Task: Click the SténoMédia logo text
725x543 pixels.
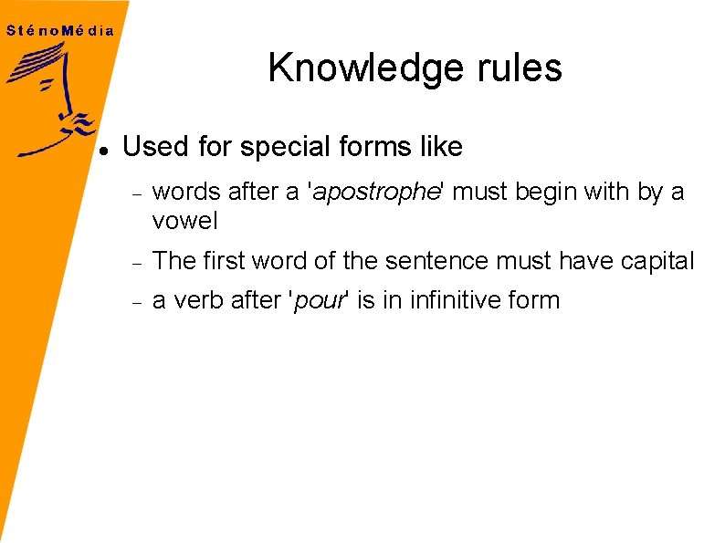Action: click(60, 30)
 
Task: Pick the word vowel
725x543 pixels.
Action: click(184, 220)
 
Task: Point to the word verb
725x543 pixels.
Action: click(194, 300)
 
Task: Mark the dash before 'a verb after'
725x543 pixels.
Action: click(135, 303)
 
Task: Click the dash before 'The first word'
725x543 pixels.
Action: click(135, 264)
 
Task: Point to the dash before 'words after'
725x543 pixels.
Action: click(135, 195)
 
